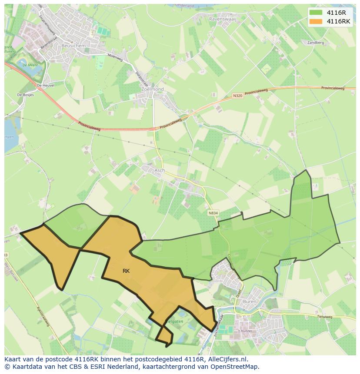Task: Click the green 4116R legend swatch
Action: (x=317, y=13)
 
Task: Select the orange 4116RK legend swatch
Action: (x=317, y=21)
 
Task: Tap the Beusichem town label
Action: (x=73, y=46)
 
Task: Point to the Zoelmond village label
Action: (x=153, y=89)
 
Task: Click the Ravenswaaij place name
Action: (x=223, y=20)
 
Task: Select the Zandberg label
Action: (x=316, y=43)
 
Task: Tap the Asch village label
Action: (x=160, y=170)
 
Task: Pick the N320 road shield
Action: (x=237, y=96)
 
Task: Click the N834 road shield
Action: (x=213, y=213)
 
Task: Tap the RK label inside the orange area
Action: (x=126, y=271)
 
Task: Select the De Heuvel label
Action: (x=46, y=86)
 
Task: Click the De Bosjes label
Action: (x=25, y=95)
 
